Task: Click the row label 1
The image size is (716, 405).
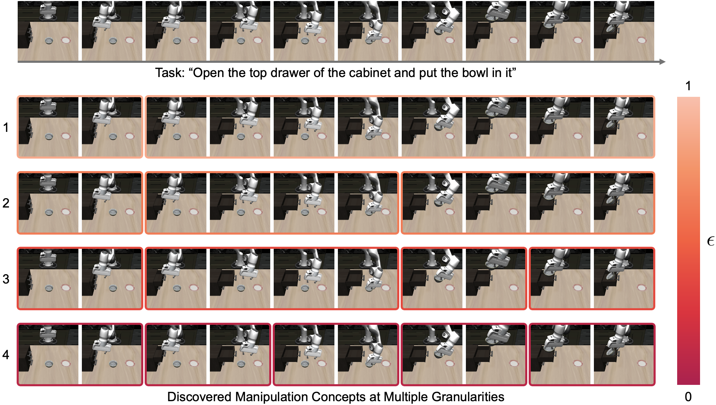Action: point(6,127)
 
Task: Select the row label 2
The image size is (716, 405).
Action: point(6,203)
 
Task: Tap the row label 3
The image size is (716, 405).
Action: point(6,279)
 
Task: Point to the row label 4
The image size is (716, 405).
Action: point(6,355)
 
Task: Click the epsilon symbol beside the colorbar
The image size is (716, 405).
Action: point(710,241)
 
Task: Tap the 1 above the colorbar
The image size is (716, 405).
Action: point(688,86)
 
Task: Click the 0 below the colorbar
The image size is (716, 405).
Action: point(688,396)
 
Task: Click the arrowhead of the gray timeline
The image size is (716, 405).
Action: point(662,62)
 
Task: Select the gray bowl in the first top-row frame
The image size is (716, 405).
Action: point(49,41)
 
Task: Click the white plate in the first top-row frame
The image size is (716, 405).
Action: point(66,40)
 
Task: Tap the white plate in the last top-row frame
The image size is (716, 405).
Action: point(642,40)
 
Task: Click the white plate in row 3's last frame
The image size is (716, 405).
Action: point(642,288)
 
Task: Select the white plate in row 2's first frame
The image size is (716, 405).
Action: point(66,212)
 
